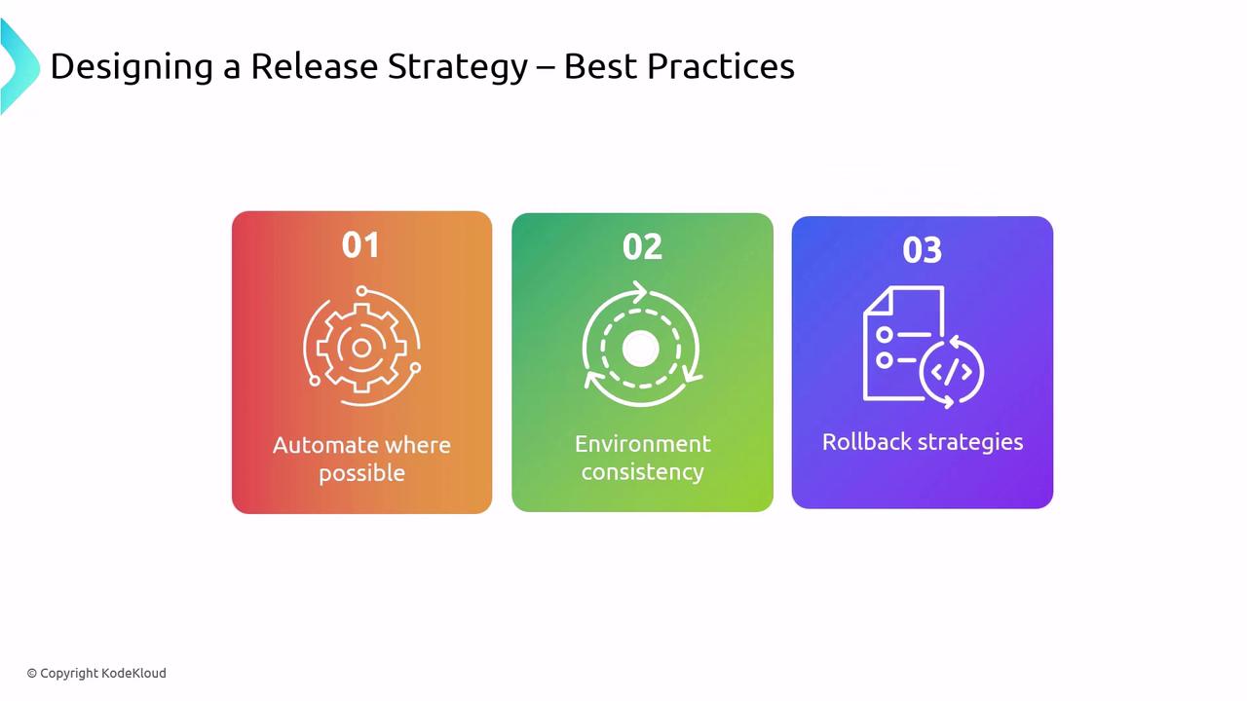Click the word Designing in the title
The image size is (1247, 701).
point(132,67)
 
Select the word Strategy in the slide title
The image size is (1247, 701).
point(458,67)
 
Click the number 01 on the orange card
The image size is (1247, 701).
point(360,244)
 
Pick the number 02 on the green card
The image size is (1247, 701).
point(642,246)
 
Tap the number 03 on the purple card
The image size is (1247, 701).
point(923,250)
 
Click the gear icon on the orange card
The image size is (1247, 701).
point(361,348)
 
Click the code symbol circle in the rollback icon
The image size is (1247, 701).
point(952,372)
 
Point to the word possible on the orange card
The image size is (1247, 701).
point(361,474)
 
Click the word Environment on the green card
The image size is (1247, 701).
point(642,444)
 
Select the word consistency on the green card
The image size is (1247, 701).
point(642,472)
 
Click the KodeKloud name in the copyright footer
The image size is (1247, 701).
point(133,673)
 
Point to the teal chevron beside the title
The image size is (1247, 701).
point(20,67)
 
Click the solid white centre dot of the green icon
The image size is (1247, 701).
point(641,349)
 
